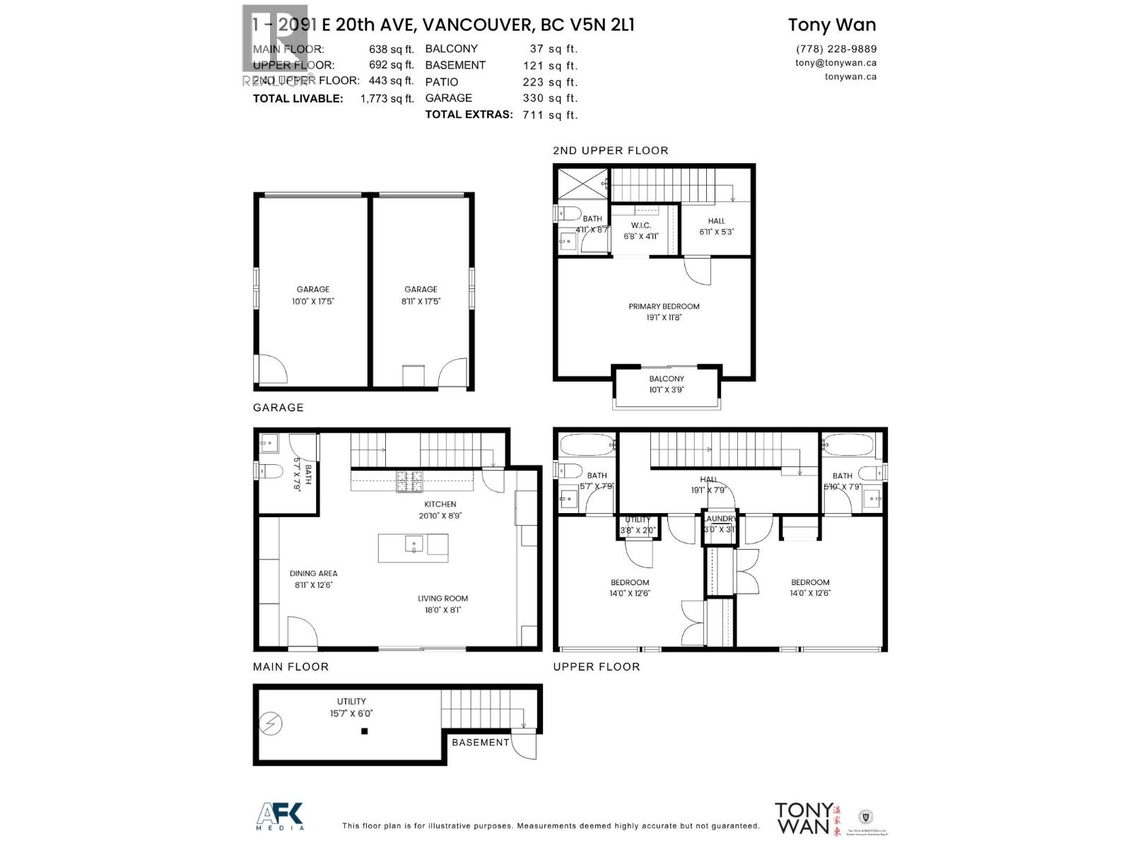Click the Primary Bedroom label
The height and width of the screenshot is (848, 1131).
[664, 307]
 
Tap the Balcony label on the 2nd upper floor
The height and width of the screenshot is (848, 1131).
[667, 379]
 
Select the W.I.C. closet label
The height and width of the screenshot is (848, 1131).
[640, 225]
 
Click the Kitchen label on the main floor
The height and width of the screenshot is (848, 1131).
[440, 505]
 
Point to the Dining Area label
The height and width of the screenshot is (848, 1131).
[313, 574]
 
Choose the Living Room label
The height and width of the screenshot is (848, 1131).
[443, 599]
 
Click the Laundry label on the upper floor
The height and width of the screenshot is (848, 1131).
[720, 519]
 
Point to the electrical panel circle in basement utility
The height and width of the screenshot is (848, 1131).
[271, 723]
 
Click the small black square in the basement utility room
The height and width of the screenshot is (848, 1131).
[365, 731]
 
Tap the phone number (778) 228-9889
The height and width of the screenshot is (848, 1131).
[836, 49]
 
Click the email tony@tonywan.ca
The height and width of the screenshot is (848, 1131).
[836, 62]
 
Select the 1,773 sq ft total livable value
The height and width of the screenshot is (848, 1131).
[387, 99]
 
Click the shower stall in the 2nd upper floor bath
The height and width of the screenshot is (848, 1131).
[582, 183]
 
